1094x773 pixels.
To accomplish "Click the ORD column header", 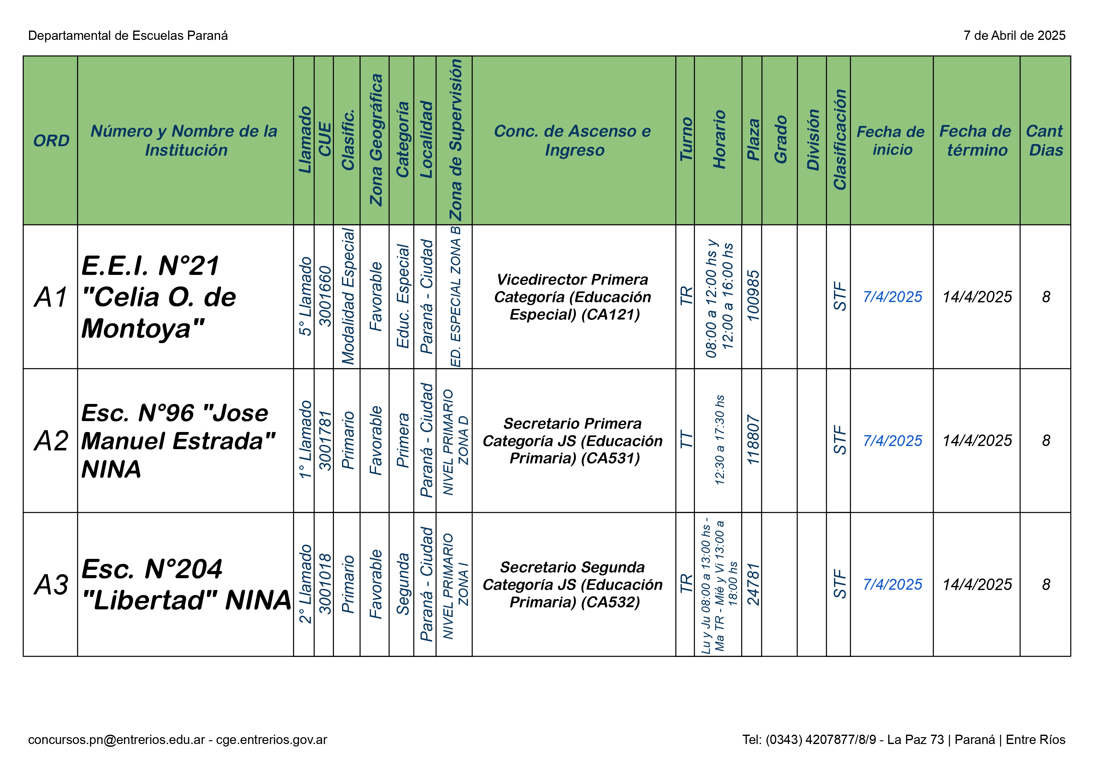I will (x=51, y=141).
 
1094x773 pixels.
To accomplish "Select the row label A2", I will (x=51, y=440).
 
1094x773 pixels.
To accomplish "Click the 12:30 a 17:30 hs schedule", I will (x=720, y=440).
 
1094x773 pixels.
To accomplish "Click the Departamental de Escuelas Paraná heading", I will (x=128, y=36).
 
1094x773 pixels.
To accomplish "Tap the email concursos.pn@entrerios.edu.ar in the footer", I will (x=116, y=740).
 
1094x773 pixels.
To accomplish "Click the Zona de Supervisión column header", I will (x=455, y=141).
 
